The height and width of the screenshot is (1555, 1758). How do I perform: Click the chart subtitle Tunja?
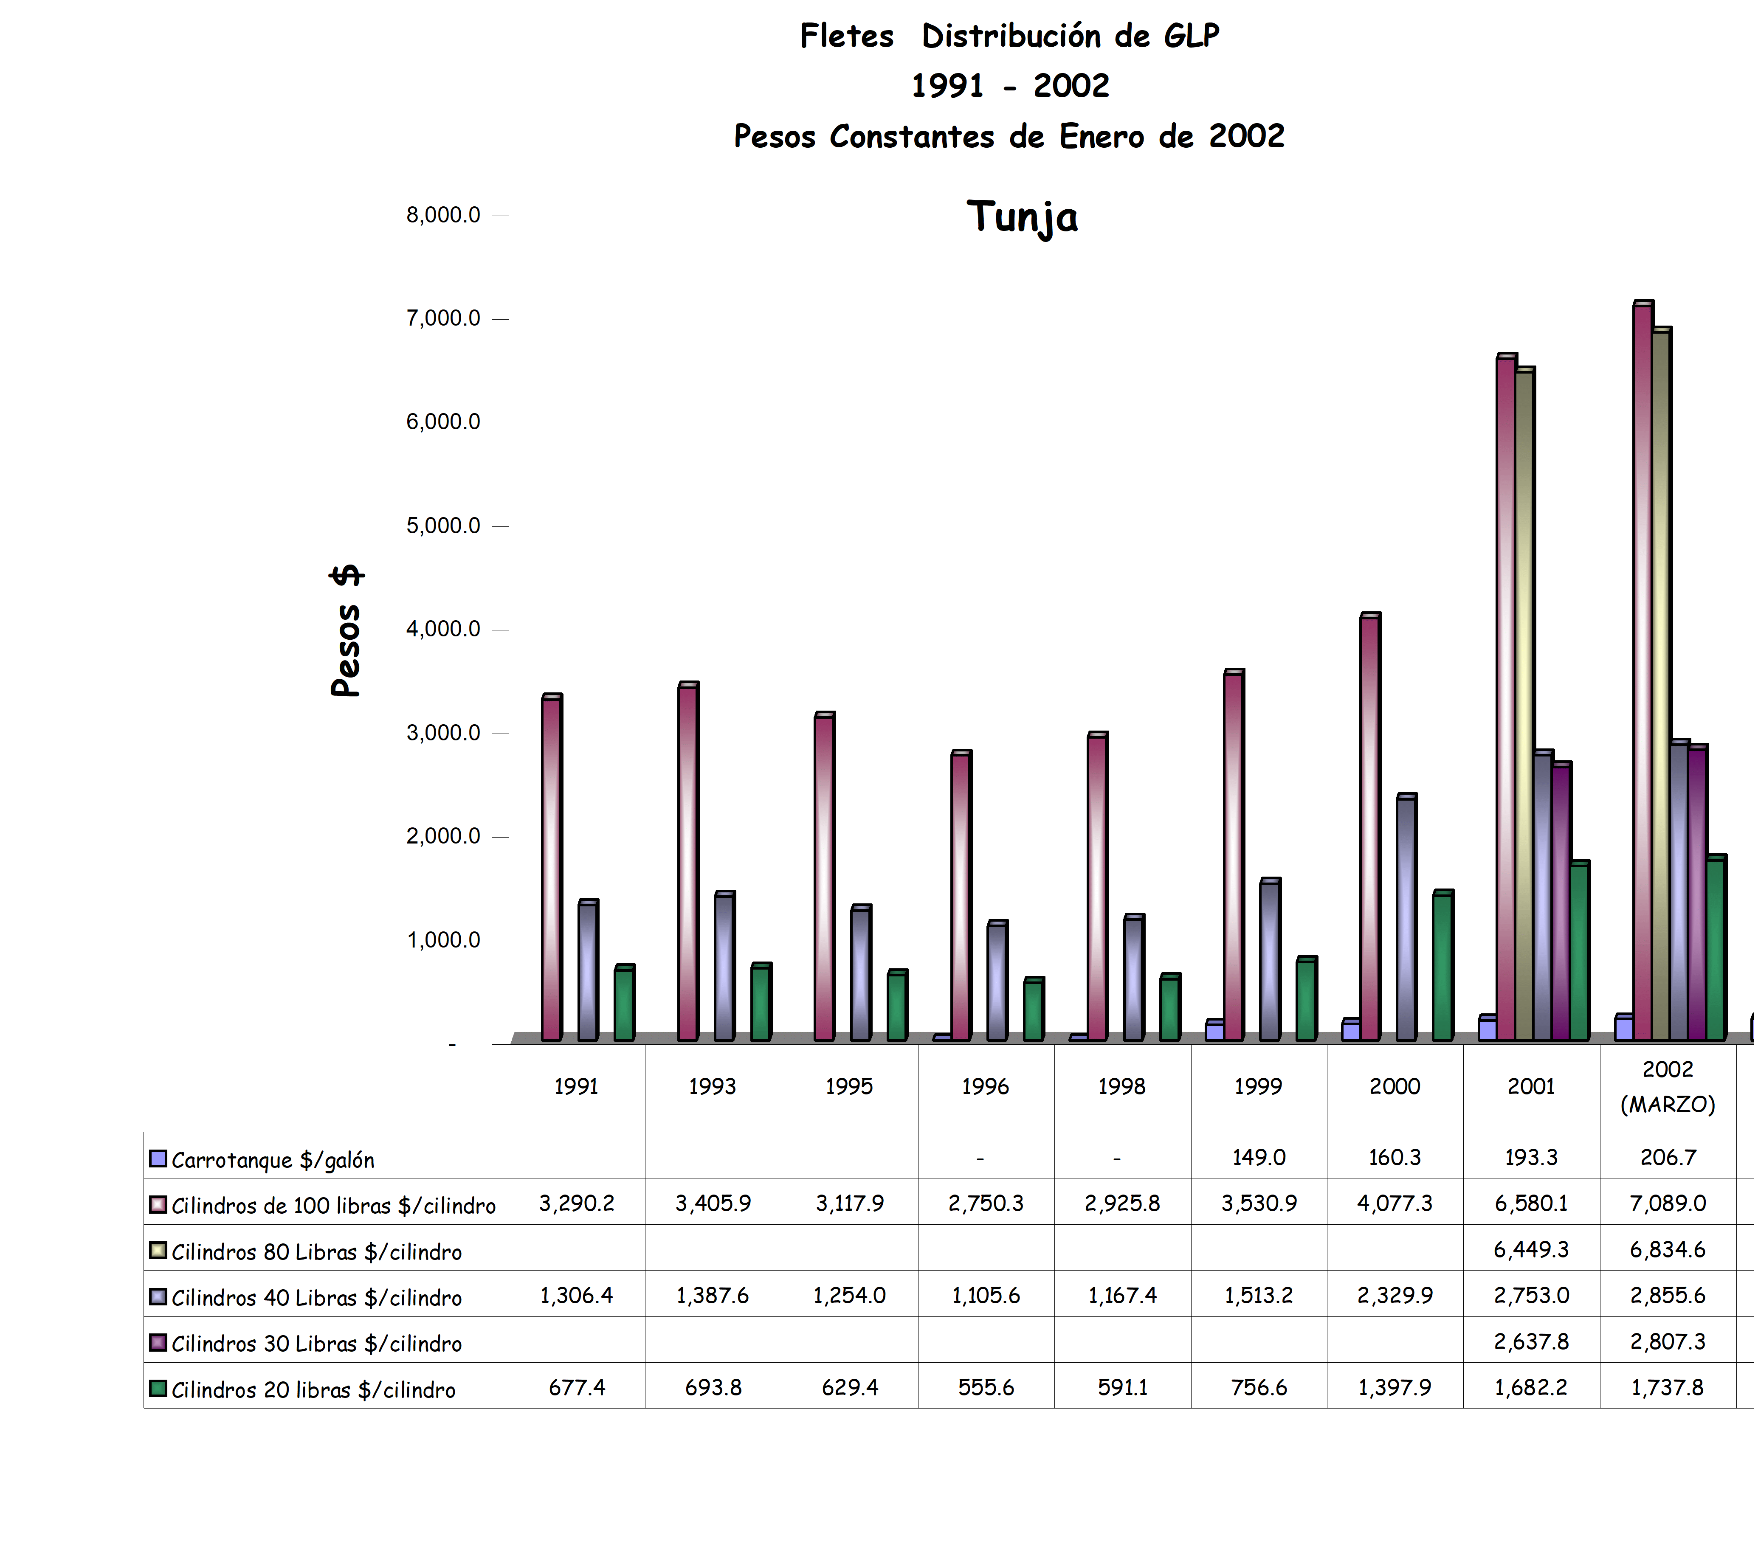tap(1022, 217)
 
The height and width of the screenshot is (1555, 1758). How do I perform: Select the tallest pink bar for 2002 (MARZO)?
tap(1642, 671)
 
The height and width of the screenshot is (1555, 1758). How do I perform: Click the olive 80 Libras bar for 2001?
tap(1524, 705)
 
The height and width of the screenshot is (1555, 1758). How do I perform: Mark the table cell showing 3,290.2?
tap(576, 1203)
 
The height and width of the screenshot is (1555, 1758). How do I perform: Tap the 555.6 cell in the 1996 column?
tap(986, 1387)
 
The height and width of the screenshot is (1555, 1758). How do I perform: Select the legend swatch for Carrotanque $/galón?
tap(158, 1159)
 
